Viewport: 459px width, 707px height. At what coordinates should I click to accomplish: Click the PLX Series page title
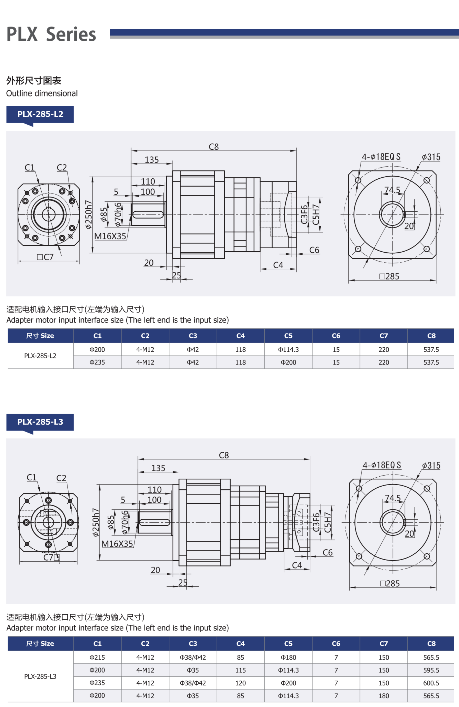51,34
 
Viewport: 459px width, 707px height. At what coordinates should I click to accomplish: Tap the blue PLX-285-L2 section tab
40,114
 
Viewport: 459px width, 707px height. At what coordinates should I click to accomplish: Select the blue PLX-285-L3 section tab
40,422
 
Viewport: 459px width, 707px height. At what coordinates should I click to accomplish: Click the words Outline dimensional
42,93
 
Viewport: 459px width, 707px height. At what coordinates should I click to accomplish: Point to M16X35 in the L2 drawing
110,236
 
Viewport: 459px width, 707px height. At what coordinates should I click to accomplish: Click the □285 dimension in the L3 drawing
390,583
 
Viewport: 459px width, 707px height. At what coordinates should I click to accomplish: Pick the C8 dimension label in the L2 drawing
214,147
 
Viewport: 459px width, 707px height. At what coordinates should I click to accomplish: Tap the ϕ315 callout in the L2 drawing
431,157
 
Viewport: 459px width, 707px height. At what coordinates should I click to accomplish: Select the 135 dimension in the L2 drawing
152,160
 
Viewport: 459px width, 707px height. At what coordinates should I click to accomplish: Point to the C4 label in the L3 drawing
297,565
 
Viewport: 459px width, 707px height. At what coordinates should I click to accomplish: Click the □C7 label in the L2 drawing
45,257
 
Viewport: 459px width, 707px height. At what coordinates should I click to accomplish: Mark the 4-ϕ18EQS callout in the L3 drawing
382,465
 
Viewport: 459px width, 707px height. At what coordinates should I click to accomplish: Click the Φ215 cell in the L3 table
97,657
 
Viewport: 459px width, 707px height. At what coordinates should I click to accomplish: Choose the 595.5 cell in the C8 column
431,670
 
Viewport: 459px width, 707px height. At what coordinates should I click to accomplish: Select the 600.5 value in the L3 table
431,683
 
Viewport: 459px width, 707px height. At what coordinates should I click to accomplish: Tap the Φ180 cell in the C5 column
288,657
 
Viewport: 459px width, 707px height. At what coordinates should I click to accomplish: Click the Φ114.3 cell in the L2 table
288,350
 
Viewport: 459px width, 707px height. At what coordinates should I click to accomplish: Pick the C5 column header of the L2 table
288,336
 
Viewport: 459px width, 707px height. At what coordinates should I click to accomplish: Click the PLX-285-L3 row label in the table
40,676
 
